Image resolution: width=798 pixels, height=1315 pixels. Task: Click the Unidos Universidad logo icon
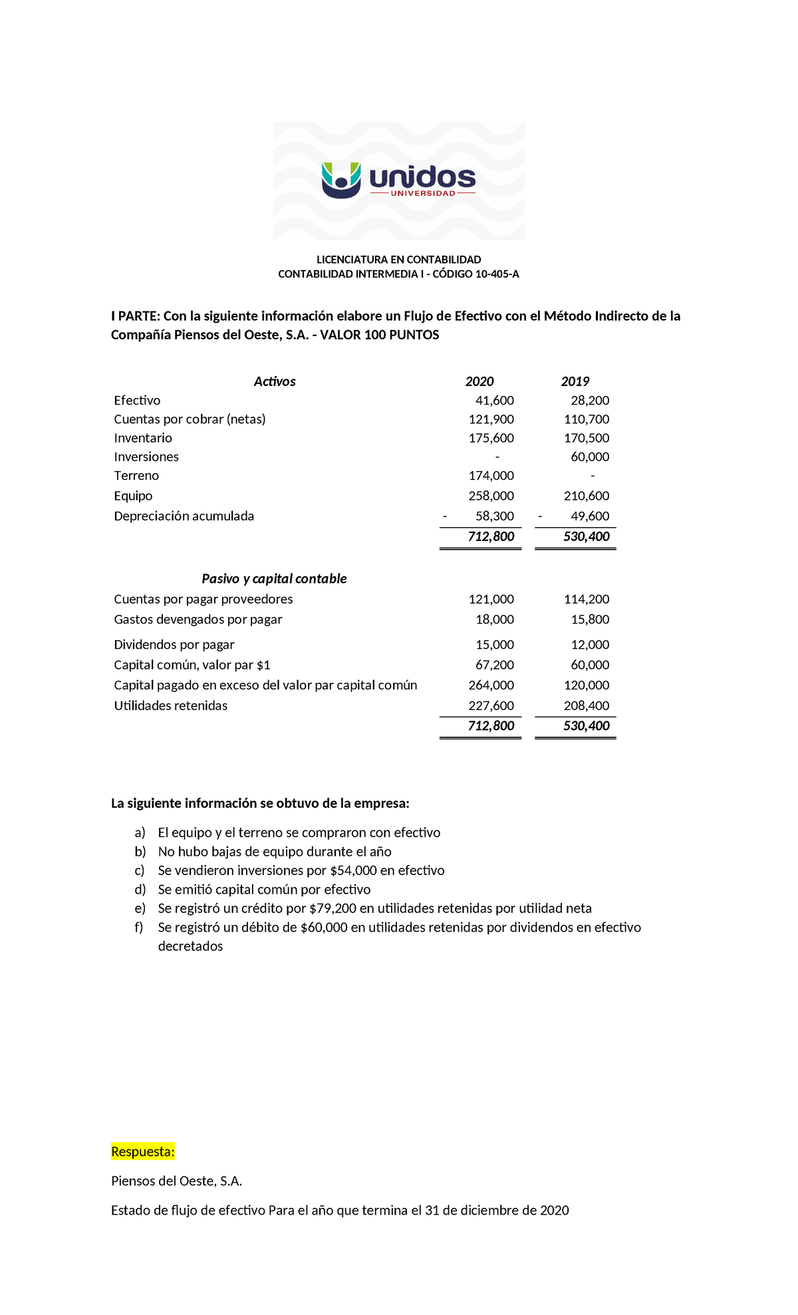tap(341, 180)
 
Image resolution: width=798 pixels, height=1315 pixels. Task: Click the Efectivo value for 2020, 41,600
tap(494, 401)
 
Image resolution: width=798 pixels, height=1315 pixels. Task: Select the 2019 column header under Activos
tap(575, 381)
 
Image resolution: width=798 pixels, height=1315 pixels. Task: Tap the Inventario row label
tap(143, 438)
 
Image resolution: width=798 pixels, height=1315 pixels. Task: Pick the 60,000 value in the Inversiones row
tap(590, 457)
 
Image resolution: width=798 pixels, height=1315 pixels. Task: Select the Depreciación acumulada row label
tap(184, 516)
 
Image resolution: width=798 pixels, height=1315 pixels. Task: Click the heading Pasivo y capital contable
tap(274, 579)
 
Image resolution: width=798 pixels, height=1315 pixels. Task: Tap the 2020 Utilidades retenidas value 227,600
tap(491, 706)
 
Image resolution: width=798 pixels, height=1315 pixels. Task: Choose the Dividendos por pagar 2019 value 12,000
tap(590, 645)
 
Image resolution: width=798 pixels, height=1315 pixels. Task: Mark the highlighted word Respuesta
tap(143, 1152)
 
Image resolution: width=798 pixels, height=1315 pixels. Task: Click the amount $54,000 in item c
tap(353, 870)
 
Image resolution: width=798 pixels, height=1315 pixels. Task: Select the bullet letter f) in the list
tap(139, 928)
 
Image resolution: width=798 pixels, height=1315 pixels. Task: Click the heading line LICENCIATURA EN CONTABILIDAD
tap(398, 260)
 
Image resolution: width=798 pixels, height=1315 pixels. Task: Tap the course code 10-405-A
tap(497, 274)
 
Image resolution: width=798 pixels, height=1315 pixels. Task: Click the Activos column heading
tap(274, 381)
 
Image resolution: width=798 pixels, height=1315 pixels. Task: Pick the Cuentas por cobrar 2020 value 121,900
tap(491, 419)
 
